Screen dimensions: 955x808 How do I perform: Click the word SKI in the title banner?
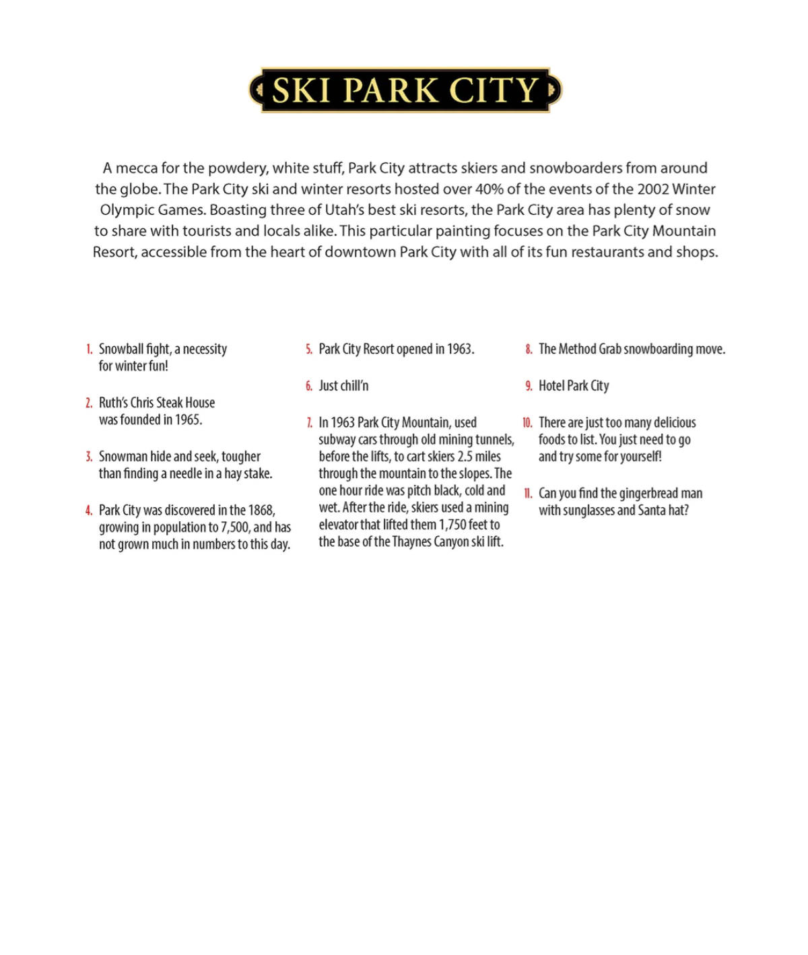[x=301, y=90]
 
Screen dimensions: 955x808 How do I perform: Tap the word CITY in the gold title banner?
[x=494, y=90]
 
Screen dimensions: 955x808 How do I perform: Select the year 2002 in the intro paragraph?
[x=653, y=189]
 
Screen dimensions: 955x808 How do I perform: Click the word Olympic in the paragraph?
[x=125, y=209]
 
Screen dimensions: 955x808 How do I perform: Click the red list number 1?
[x=89, y=349]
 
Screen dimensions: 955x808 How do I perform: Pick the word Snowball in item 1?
[x=121, y=349]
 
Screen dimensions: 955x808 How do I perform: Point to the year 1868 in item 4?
[x=261, y=511]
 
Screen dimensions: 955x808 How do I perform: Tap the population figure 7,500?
[x=235, y=527]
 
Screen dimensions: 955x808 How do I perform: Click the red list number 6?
[x=309, y=386]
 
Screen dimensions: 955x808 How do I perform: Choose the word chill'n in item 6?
[x=356, y=386]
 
